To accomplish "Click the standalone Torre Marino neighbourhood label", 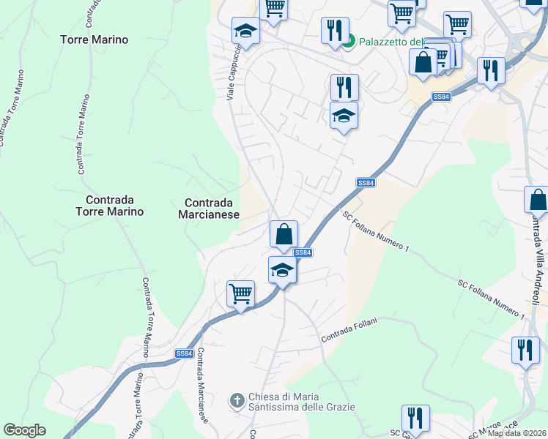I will [x=95, y=40].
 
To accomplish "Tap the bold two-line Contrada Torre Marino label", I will [x=114, y=206].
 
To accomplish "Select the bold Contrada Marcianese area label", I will [x=210, y=209].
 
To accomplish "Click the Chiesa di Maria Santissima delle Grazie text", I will [x=301, y=401].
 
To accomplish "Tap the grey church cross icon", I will [x=236, y=401].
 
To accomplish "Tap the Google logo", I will [x=24, y=430].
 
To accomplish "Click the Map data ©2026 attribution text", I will [x=517, y=433].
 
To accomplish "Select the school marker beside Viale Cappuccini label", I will [x=245, y=31].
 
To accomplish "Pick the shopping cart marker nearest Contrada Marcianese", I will [x=240, y=294].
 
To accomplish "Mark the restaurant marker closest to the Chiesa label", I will [x=415, y=419].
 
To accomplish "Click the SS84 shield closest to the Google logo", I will [x=184, y=353].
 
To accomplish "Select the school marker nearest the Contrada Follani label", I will [x=282, y=270].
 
